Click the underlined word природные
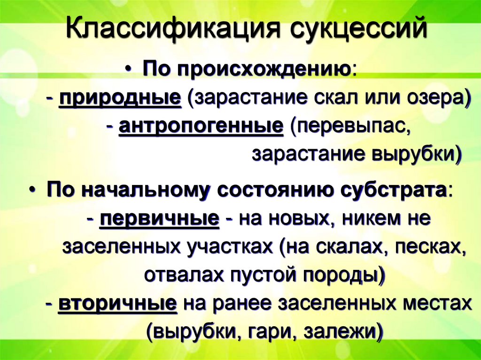click(x=120, y=99)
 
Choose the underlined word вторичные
click(x=117, y=304)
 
